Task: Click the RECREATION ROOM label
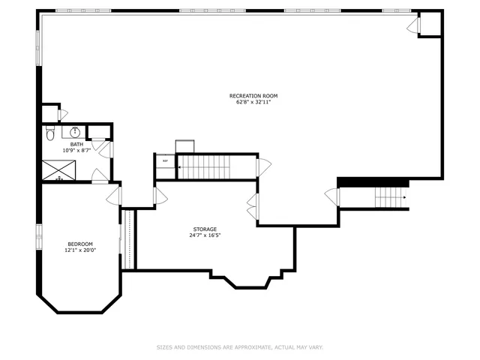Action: click(x=253, y=95)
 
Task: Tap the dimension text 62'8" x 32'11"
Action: click(x=253, y=102)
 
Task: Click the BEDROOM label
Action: click(x=79, y=244)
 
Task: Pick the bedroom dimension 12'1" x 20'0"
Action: click(x=79, y=250)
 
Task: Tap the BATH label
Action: click(x=76, y=144)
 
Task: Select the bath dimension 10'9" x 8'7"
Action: click(x=76, y=150)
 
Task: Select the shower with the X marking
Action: click(x=58, y=171)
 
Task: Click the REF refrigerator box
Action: click(x=165, y=160)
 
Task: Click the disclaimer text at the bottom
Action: click(x=239, y=347)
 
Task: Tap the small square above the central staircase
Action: click(x=184, y=146)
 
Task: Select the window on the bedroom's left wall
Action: click(x=39, y=235)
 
